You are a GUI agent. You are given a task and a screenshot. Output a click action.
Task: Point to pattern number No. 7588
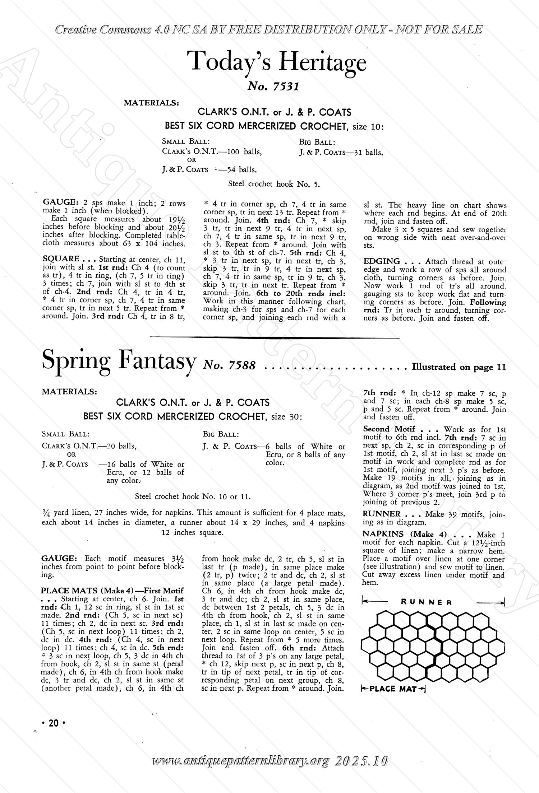(229, 366)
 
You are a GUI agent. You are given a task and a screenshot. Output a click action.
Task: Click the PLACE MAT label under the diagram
(392, 689)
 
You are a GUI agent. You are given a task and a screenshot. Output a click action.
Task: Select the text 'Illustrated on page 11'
(459, 367)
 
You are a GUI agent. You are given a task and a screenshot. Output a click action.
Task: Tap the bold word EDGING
(382, 261)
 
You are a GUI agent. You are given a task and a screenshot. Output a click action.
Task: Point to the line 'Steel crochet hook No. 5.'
(274, 184)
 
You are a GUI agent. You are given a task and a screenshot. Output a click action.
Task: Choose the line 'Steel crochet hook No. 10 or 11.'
(193, 497)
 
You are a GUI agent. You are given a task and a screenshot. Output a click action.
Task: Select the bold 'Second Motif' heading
(389, 429)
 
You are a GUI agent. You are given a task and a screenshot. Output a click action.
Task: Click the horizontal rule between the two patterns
(274, 337)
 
